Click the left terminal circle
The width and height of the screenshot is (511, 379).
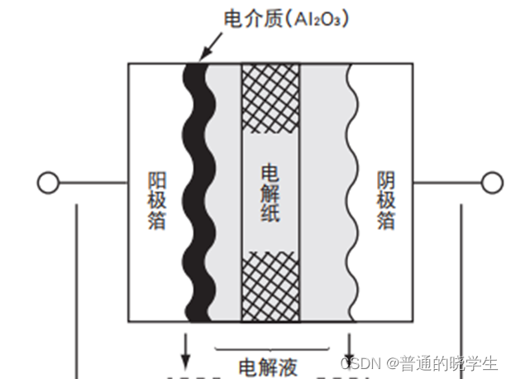(x=47, y=182)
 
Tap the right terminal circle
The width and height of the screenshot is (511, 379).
(x=492, y=182)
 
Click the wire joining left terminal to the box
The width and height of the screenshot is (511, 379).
(x=91, y=182)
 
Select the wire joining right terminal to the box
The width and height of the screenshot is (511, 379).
(x=447, y=182)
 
